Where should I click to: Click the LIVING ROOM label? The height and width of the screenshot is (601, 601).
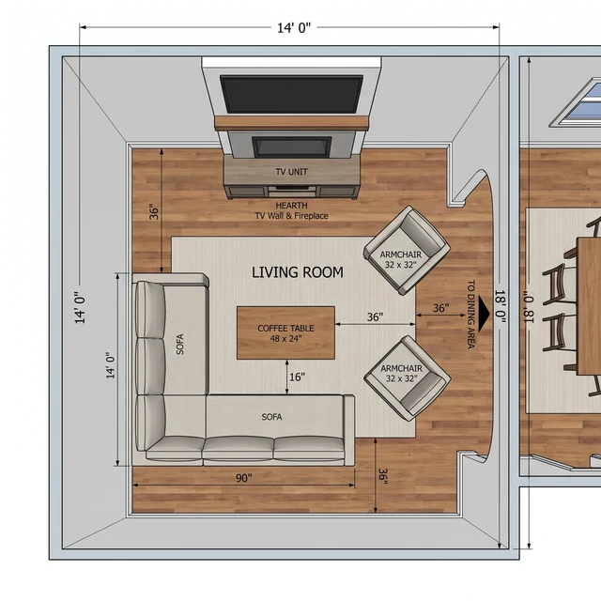pos(298,272)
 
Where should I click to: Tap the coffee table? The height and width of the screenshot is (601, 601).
pos(285,332)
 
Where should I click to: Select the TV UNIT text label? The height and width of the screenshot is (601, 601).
pos(291,172)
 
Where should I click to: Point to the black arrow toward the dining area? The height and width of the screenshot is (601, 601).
pos(484,315)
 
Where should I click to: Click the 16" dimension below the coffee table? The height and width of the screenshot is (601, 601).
pos(297,378)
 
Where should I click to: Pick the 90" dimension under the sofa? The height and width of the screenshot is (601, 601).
pos(244,478)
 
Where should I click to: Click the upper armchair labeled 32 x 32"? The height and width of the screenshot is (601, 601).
pos(407,250)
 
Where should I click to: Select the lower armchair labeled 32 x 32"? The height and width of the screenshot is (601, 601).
pos(407,378)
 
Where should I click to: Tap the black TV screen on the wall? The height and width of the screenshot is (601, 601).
pos(291,94)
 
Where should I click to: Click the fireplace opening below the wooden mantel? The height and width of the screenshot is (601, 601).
pos(292,146)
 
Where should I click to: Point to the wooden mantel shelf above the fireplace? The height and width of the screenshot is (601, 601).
pos(291,123)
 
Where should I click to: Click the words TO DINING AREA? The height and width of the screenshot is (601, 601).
pos(471,315)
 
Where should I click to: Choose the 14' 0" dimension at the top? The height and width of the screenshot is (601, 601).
pos(294,28)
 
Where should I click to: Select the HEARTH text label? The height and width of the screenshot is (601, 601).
pos(291,206)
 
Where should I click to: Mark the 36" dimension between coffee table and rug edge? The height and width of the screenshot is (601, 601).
pos(375,317)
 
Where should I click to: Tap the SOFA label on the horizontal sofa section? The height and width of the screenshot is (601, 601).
pos(271,417)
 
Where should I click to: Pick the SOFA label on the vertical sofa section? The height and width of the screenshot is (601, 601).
pos(179,345)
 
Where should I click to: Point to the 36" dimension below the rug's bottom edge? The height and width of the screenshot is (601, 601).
pos(383,476)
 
